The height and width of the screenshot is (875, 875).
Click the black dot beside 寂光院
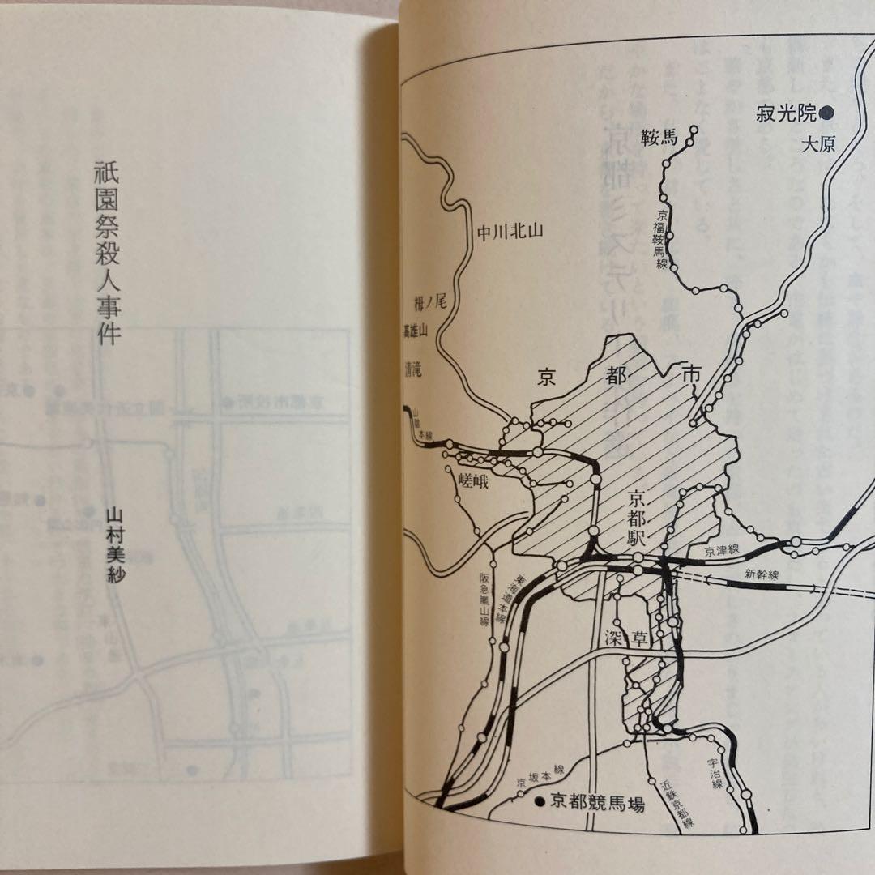827,113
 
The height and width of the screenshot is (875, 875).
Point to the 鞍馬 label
657,137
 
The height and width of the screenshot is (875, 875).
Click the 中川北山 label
509,233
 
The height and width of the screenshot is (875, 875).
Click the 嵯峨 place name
476,480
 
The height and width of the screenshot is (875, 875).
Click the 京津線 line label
723,551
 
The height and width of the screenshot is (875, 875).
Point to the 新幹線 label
762,574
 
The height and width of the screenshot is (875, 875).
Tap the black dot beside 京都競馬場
540,805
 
